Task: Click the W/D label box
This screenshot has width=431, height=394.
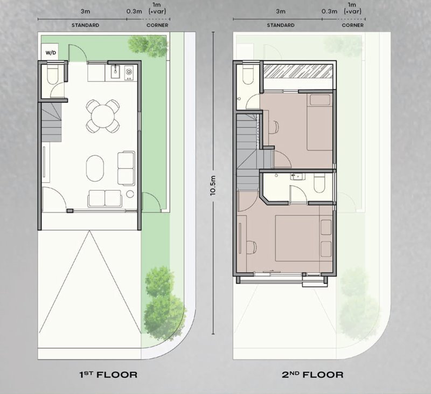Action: [50, 52]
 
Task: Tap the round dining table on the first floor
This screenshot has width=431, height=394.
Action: [103, 116]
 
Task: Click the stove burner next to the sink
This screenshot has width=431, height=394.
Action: [129, 72]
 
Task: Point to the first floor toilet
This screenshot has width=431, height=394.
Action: [52, 74]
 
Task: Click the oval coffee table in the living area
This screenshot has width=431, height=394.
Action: [95, 168]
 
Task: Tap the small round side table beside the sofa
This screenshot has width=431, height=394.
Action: [130, 194]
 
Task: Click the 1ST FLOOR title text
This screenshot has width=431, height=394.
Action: [108, 375]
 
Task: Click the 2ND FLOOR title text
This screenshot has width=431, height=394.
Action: [312, 375]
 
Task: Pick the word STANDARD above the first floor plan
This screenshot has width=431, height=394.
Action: [85, 25]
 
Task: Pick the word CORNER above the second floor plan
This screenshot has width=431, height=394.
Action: [353, 25]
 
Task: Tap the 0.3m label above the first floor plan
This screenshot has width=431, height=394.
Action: [134, 11]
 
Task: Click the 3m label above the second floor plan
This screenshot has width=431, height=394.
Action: [281, 11]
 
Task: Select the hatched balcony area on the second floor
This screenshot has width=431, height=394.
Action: [298, 71]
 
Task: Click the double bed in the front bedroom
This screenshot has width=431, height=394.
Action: [304, 238]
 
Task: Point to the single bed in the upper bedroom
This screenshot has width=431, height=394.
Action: [319, 122]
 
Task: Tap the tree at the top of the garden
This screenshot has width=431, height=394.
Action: [148, 45]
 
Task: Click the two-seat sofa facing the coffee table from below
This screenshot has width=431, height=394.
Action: [105, 198]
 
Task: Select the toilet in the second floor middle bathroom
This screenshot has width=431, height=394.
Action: [319, 183]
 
